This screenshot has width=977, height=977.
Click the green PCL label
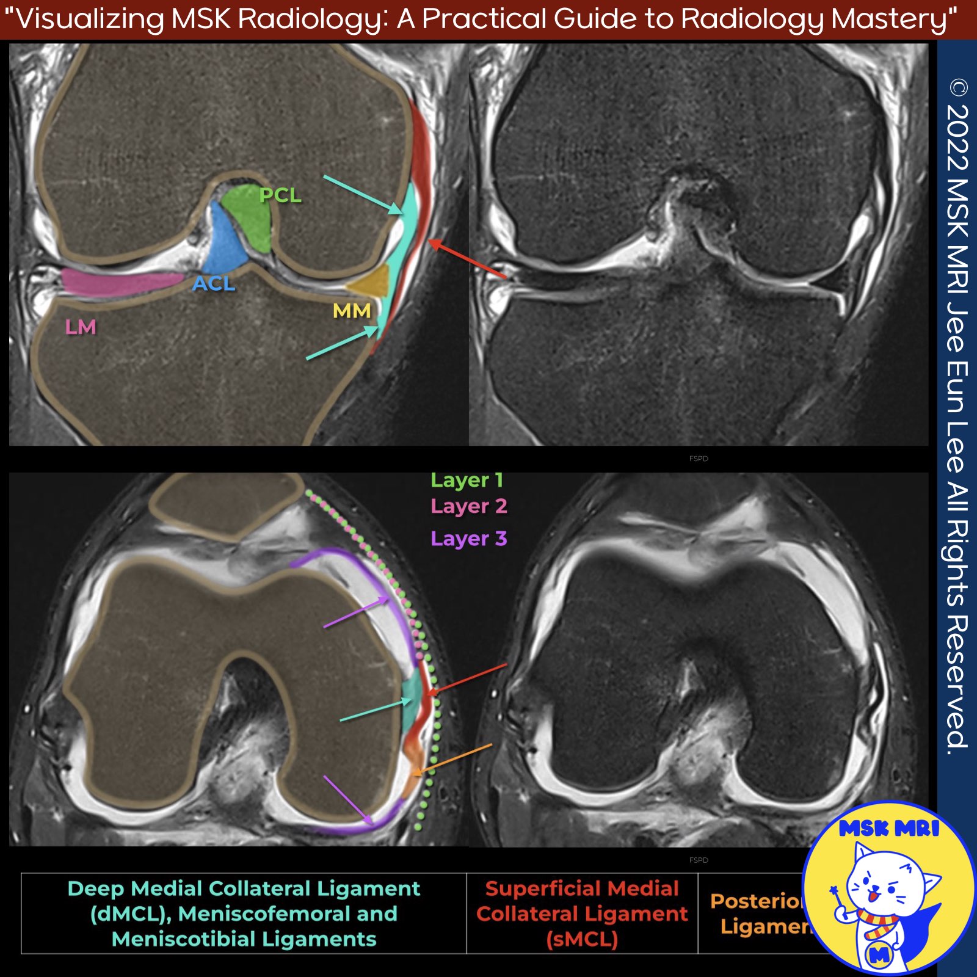point(280,195)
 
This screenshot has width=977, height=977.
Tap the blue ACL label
point(214,283)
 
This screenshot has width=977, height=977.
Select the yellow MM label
point(352,311)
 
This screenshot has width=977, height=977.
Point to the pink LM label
point(81,327)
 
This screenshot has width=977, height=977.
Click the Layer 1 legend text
point(467,481)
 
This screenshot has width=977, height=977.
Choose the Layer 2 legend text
point(468,506)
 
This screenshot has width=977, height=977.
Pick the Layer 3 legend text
point(468,539)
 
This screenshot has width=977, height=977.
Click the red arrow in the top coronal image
point(467,260)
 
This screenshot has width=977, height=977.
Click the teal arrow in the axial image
point(376,711)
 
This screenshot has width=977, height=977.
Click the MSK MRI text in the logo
point(889,828)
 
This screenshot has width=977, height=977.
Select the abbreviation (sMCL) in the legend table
point(582,939)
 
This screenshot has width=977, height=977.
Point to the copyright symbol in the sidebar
point(958,89)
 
